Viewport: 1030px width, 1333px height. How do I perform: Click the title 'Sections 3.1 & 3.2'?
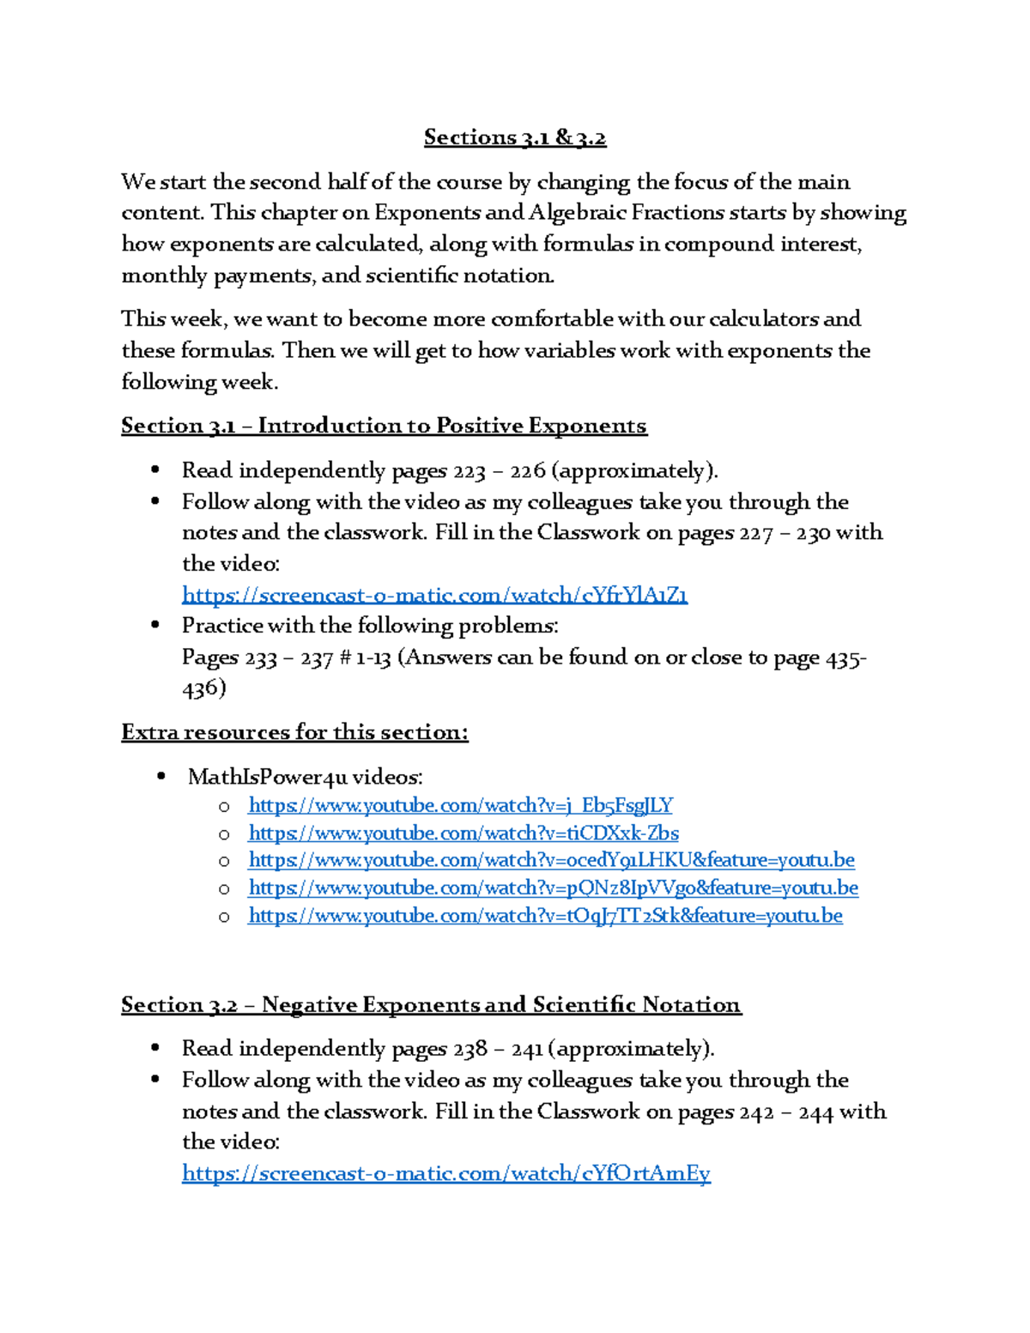point(515,137)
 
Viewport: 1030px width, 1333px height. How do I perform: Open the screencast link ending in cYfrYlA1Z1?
point(434,595)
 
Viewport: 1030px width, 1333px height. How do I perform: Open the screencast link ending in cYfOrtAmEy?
point(445,1173)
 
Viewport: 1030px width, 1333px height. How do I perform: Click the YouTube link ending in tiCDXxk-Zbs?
point(463,833)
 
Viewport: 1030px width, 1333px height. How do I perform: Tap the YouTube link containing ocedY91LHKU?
point(551,860)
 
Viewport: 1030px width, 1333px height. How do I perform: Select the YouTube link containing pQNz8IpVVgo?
point(553,888)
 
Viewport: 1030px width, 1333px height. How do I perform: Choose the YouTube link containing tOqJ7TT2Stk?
point(545,916)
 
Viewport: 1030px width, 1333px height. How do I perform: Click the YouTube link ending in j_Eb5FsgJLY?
point(460,805)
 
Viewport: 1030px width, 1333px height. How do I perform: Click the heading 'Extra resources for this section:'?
point(294,732)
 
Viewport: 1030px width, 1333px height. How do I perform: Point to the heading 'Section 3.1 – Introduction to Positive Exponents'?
point(384,426)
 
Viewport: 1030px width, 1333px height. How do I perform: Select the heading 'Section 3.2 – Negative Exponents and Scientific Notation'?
point(431,1004)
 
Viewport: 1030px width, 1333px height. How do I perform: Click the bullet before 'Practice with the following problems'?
point(155,626)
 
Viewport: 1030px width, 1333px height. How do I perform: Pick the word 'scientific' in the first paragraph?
point(411,276)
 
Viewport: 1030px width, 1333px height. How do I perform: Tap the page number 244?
point(815,1112)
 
